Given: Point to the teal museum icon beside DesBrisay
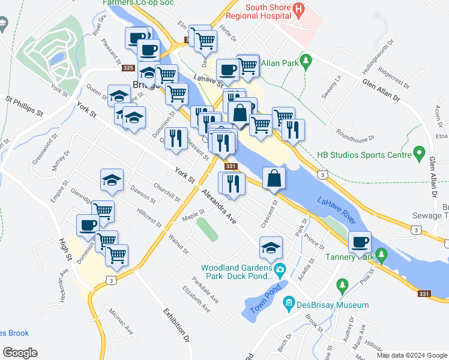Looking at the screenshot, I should pos(290,304).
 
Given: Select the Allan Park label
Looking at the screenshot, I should pos(280,61).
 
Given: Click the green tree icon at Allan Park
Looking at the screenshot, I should pos(306,61).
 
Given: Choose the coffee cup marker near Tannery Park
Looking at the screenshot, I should pos(360,243).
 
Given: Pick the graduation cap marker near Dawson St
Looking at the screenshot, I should pos(112,180).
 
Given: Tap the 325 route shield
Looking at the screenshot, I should pos(128,68).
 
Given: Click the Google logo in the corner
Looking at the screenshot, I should pos(20,353).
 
